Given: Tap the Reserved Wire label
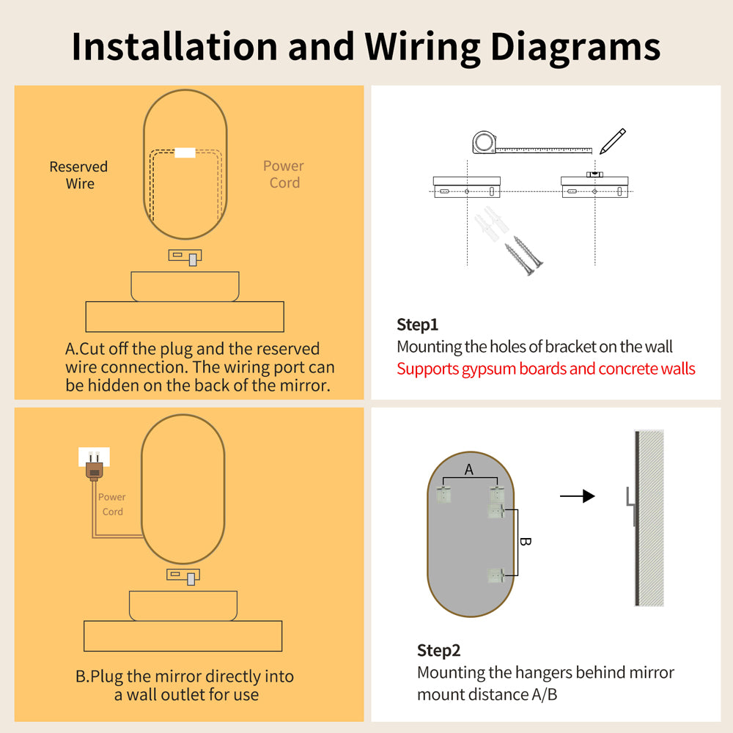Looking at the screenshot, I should [x=78, y=175].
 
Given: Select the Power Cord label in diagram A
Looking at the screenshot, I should [x=284, y=174].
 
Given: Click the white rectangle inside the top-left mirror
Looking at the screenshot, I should [x=185, y=152].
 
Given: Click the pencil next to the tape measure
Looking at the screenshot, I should [x=612, y=141].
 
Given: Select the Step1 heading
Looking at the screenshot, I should [x=417, y=325].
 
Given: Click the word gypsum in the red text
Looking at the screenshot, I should [x=489, y=368].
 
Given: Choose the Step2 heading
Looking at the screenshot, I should [x=438, y=650].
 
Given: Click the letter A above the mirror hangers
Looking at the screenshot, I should [x=469, y=470].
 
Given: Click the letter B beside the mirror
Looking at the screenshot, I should [x=525, y=542].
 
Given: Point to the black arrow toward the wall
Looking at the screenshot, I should [x=577, y=497].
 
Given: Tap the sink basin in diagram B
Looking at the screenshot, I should [x=183, y=605].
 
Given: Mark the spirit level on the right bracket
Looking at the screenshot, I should [x=594, y=174].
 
